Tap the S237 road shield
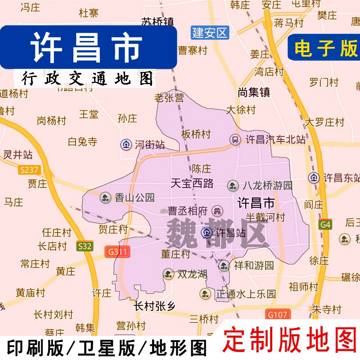point(29,170)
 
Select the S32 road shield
point(84,246)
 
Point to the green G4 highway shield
point(325,224)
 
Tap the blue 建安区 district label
point(210,32)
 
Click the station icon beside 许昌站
point(207,233)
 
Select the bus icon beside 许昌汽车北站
point(235,139)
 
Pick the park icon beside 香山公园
point(105,197)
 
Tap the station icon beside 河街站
point(126,144)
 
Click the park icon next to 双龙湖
point(168,274)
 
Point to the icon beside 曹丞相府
point(218,210)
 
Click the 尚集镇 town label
point(254,92)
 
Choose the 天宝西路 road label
point(193,183)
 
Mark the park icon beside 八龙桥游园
point(233,185)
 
